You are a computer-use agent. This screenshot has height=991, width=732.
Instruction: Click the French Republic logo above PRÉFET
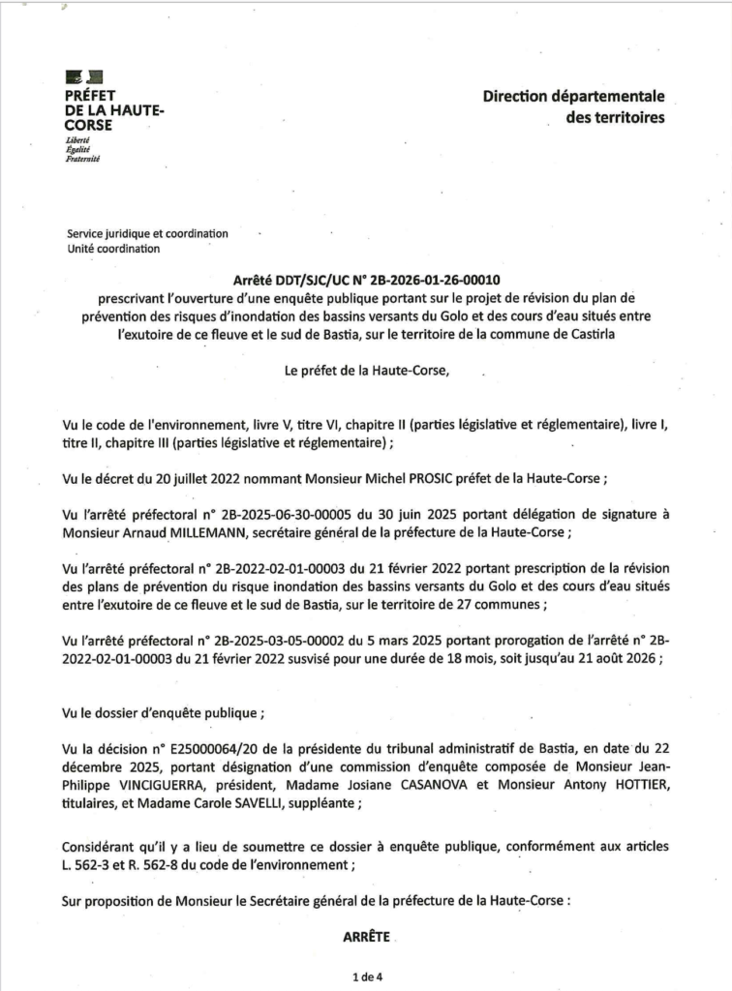point(84,76)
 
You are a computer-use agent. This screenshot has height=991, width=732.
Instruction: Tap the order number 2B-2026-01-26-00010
point(434,278)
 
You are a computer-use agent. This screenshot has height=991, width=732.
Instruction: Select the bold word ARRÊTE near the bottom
point(365,937)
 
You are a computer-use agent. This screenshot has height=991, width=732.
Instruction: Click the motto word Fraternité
point(82,159)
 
